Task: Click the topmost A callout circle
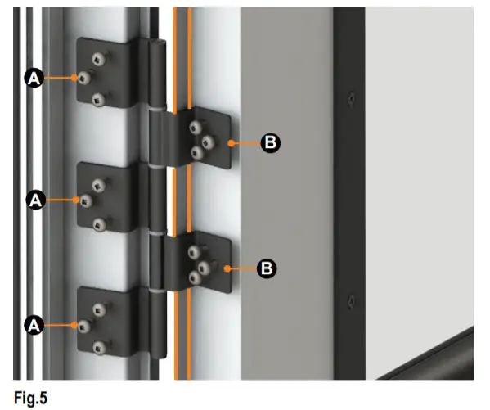[x=34, y=77]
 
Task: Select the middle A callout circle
[x=34, y=199]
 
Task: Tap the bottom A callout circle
[x=34, y=325]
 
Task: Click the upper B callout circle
[x=271, y=143]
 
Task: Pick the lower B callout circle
[x=267, y=267]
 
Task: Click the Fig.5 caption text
[x=31, y=399]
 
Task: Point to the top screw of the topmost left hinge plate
[x=99, y=58]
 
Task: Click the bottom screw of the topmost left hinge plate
[x=99, y=99]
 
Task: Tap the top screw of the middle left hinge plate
[x=99, y=182]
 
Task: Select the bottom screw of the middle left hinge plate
[x=99, y=223]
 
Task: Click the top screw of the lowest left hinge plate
[x=99, y=308]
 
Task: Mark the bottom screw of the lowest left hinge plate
[x=99, y=347]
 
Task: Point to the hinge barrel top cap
[x=147, y=43]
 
